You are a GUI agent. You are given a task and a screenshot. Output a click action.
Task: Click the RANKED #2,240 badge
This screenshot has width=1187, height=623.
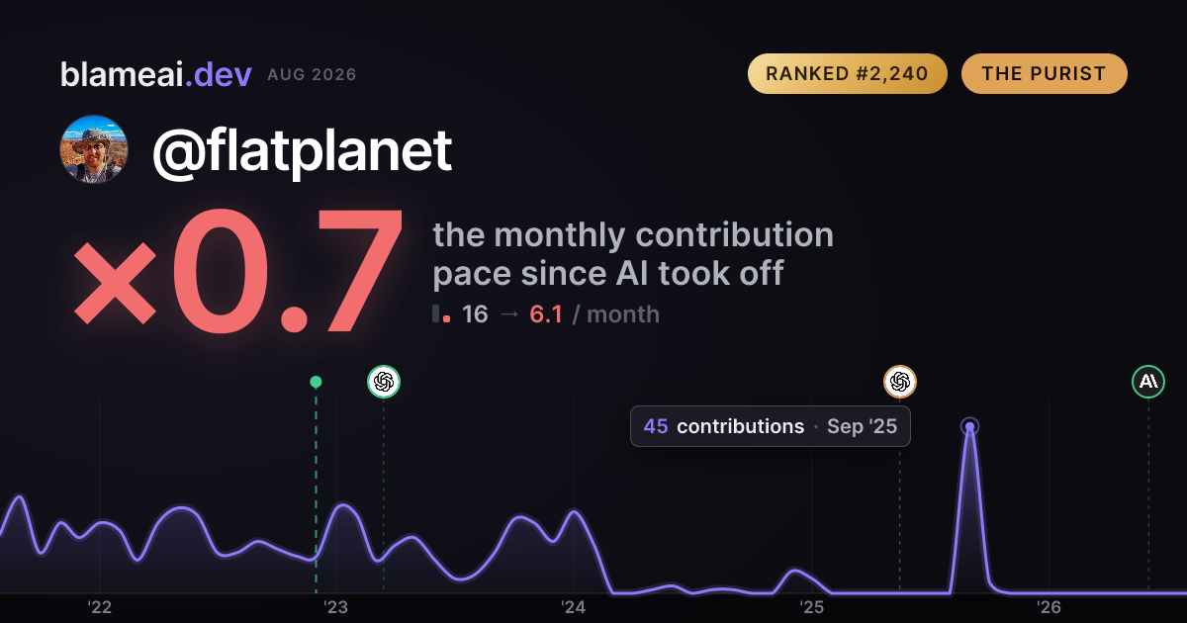coord(848,73)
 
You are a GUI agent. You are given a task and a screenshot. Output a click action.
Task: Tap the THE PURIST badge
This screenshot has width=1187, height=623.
coord(1044,73)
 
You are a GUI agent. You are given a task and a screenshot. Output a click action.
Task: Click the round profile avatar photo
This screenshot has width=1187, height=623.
coord(94,149)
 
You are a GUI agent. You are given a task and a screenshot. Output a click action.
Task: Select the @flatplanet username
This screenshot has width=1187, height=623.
coord(302,151)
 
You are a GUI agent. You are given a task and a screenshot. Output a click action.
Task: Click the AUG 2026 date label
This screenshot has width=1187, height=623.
coord(313,75)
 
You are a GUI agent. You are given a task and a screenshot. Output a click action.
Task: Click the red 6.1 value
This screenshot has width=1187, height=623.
coord(546,314)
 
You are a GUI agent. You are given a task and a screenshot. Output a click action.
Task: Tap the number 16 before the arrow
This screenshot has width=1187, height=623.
coord(475,314)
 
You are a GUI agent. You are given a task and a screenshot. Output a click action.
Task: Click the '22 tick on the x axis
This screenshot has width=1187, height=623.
coord(99,607)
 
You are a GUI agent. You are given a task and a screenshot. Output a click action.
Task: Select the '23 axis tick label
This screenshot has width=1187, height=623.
coord(336,607)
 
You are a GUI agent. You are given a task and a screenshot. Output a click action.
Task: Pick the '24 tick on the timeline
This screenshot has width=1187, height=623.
coord(574,607)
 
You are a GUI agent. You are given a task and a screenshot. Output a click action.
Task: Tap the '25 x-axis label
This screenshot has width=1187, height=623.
coord(811,607)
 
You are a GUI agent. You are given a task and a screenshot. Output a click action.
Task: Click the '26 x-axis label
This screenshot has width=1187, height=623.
coord(1049,607)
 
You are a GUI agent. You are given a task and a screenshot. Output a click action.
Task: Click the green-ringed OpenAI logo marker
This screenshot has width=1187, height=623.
coord(384,382)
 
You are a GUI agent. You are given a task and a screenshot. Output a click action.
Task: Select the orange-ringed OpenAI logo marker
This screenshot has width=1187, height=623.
coord(900,382)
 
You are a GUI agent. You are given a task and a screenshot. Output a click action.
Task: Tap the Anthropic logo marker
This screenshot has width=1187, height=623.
coord(1148,382)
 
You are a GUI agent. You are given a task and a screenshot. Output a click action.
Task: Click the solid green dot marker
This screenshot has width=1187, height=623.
coord(316,382)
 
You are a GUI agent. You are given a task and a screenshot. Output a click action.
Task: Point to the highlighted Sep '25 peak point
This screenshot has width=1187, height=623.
coord(969,426)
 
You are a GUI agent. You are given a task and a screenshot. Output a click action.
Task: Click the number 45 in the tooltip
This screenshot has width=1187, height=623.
coord(656,426)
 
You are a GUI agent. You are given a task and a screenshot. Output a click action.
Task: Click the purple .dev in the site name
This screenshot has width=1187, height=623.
coord(219,75)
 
